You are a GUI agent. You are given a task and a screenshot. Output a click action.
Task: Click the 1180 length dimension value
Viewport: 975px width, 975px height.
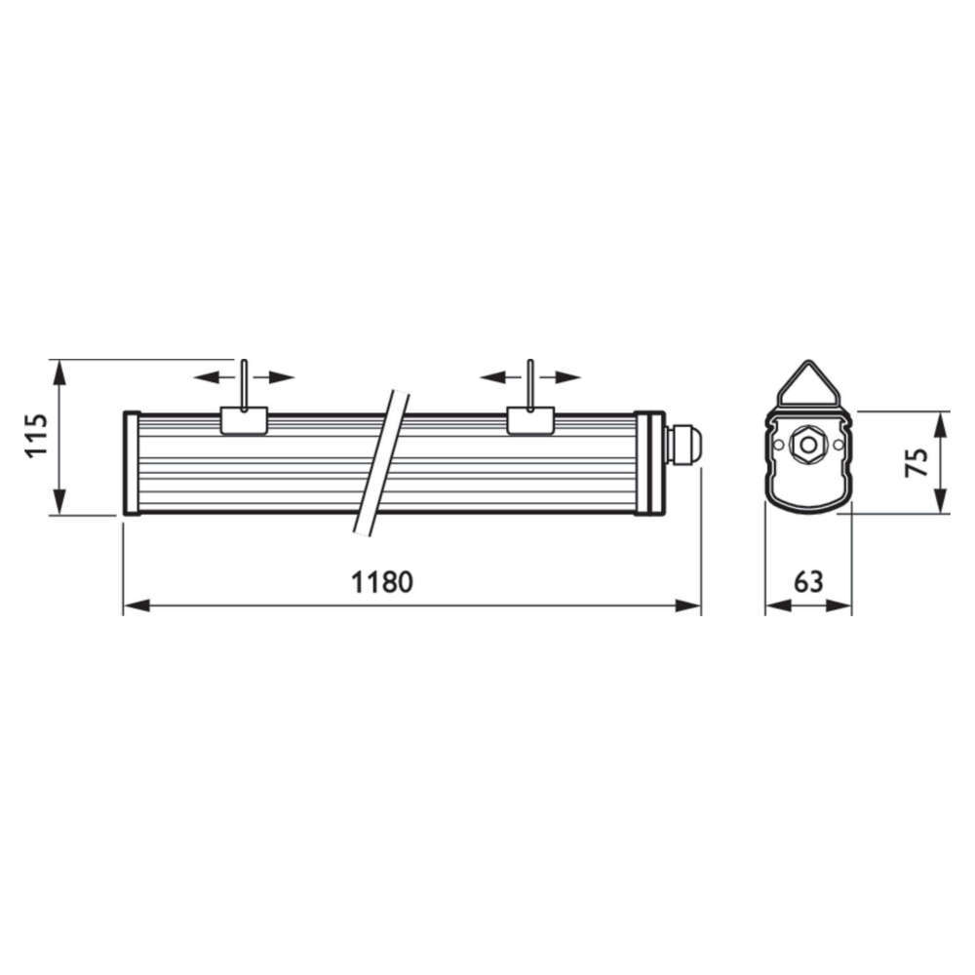(x=382, y=582)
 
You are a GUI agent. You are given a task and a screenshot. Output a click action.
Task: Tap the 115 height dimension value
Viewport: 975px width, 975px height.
(x=37, y=435)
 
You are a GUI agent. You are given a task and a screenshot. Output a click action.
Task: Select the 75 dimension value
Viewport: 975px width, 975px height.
(x=916, y=462)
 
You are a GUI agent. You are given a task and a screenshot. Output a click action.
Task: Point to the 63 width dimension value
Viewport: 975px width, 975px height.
(x=808, y=582)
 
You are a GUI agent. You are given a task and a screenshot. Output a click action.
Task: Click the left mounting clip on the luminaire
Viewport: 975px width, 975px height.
(x=245, y=420)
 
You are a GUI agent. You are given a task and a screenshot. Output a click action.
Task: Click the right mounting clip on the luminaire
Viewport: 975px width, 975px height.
(x=530, y=420)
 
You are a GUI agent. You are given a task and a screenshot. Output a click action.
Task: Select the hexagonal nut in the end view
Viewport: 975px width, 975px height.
(x=808, y=445)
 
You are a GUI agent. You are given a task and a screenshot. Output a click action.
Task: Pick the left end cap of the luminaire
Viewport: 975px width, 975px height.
(x=132, y=463)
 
